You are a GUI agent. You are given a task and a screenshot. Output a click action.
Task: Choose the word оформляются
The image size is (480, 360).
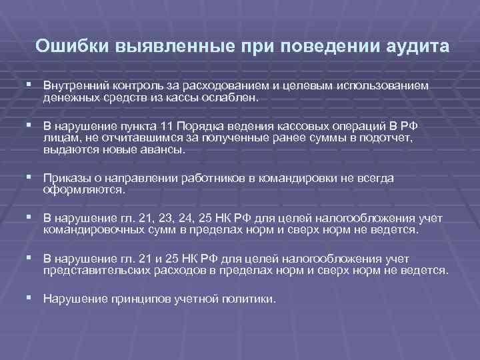(83, 189)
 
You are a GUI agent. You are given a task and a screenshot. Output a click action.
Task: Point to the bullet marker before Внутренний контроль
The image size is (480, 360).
(31, 87)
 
